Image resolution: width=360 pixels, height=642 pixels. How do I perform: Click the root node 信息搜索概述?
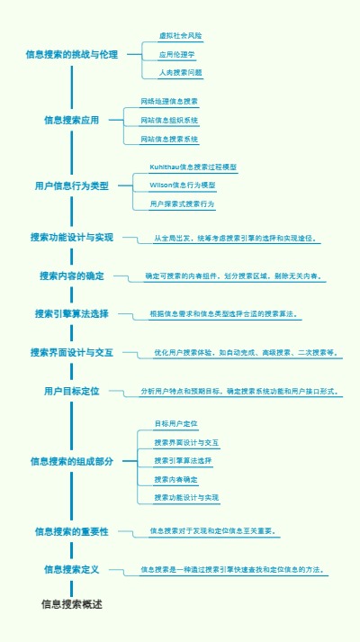[x=72, y=604]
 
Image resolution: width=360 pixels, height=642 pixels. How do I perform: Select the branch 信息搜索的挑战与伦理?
[x=72, y=55]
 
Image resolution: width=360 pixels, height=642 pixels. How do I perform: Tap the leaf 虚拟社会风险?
[x=180, y=36]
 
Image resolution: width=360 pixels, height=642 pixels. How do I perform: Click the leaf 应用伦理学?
[x=176, y=54]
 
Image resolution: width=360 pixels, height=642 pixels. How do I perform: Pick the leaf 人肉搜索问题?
[x=180, y=72]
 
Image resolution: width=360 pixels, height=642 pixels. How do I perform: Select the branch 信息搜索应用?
[x=72, y=120]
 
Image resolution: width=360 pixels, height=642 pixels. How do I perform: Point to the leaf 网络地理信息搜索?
[x=169, y=101]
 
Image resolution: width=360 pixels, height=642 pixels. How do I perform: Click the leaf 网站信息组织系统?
[x=169, y=120]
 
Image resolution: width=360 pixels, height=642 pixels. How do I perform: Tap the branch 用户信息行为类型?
[x=72, y=185]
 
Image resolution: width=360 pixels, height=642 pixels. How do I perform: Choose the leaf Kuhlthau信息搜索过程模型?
[x=193, y=167]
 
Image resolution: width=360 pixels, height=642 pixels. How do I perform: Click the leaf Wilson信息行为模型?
[x=183, y=185]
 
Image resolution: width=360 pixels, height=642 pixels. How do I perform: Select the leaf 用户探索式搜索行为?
[x=183, y=204]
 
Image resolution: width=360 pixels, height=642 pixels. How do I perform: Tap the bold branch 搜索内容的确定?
[x=72, y=276]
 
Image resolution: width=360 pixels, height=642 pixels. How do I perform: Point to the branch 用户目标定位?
[x=72, y=392]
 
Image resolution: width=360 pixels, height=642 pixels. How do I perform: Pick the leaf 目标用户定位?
[x=175, y=423]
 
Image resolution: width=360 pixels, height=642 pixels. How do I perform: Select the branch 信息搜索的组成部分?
[x=72, y=461]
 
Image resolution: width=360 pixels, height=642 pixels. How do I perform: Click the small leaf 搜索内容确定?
[x=175, y=479]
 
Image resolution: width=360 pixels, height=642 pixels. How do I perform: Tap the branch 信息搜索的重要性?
[x=72, y=532]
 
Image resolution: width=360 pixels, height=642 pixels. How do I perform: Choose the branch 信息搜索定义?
[x=72, y=570]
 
